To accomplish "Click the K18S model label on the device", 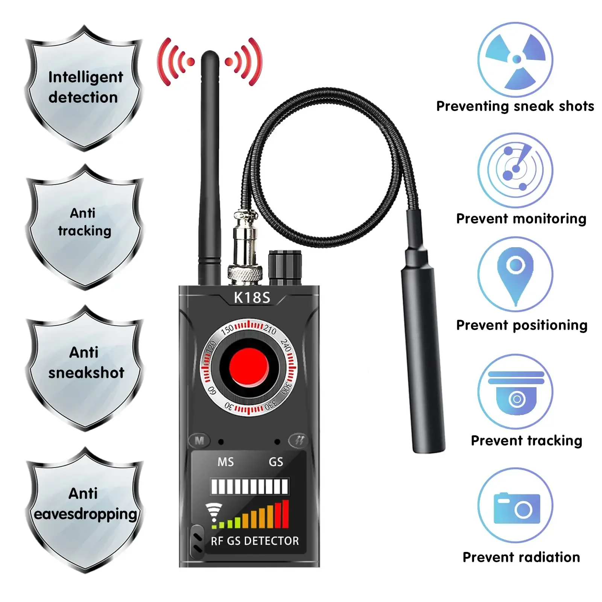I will pos(252,298).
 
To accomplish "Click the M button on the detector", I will pos(199,440).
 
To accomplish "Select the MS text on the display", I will pos(225,462).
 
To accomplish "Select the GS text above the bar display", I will pos(275,462).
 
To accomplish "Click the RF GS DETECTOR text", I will pos(255,541).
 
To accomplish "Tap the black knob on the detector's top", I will pos(285,267).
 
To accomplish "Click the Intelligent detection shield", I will pos(84,87).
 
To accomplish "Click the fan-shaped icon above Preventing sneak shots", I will pos(515,59).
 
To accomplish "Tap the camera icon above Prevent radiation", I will pos(516,508).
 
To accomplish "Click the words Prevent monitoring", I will pos(521,219).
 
